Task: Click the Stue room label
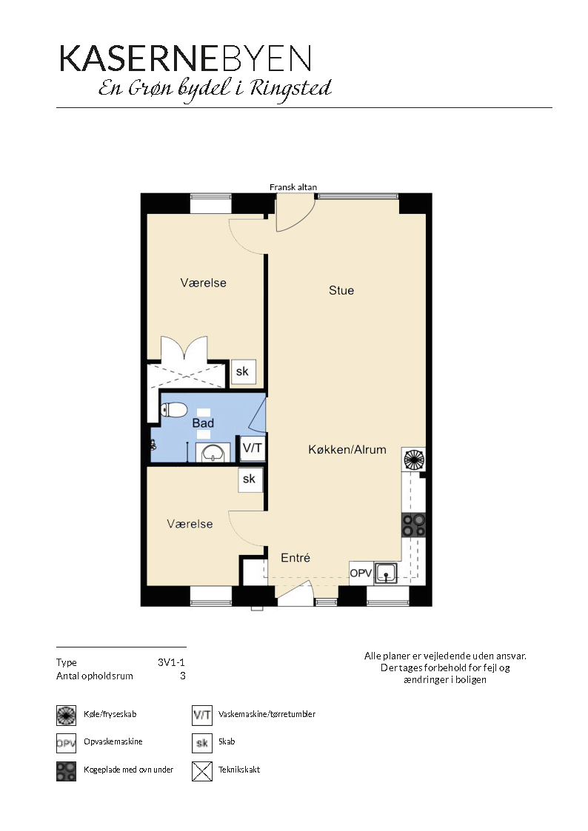[x=341, y=290]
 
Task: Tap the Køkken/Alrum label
[x=347, y=449]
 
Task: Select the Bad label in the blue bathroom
[x=203, y=423]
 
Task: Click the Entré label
[x=295, y=557]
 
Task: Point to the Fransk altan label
[x=293, y=187]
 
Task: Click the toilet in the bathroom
[x=173, y=410]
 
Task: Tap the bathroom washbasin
[x=213, y=454]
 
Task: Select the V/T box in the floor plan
[x=253, y=448]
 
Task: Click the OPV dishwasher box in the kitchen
[x=361, y=573]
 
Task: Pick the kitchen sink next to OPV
[x=386, y=573]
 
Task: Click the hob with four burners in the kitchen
[x=413, y=525]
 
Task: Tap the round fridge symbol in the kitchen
[x=414, y=459]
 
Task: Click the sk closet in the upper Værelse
[x=244, y=371]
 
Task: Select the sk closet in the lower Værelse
[x=250, y=479]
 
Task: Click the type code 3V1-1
[x=171, y=662]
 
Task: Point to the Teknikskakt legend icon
[x=202, y=770]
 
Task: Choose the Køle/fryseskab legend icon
[x=66, y=716]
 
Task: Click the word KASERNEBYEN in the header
[x=185, y=58]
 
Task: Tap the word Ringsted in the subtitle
[x=290, y=89]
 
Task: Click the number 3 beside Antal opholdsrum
[x=183, y=676]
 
